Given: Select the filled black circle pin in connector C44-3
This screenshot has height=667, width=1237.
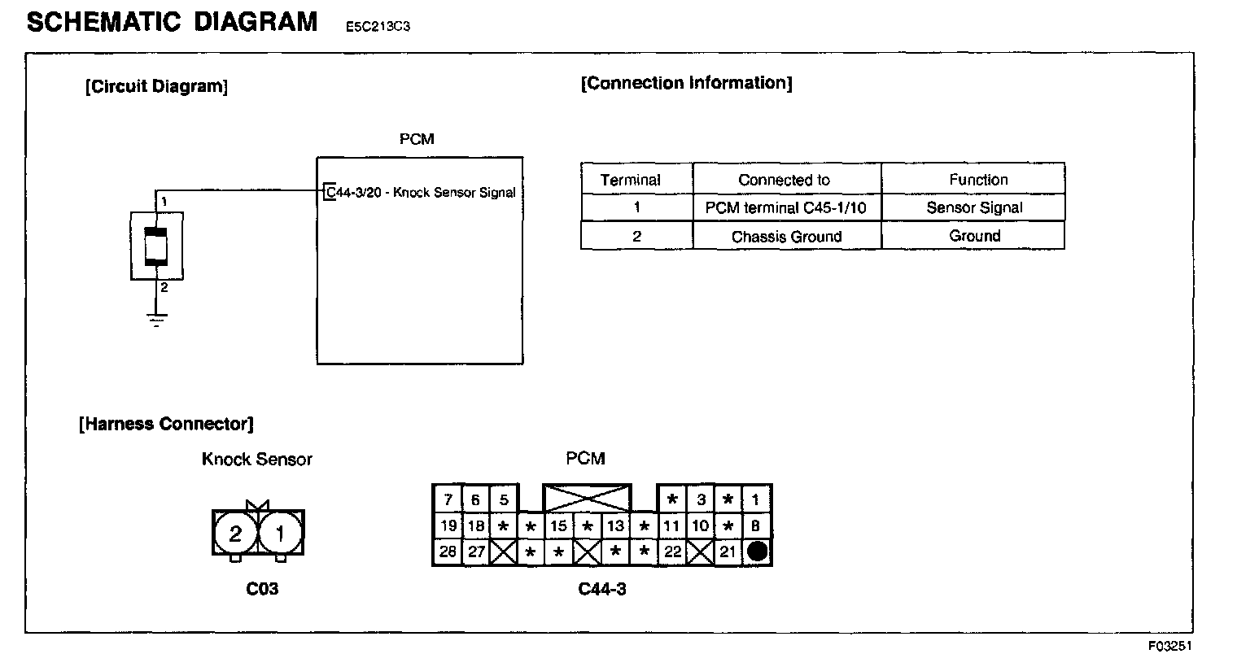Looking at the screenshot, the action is tap(757, 552).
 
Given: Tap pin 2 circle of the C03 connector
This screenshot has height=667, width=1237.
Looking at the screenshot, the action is tap(235, 534).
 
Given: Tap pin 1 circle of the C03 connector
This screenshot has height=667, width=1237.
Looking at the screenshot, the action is tap(281, 534).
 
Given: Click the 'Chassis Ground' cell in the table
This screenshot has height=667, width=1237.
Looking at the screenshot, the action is tap(786, 237).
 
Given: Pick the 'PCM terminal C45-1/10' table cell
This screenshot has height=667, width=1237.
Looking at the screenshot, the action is tap(786, 207).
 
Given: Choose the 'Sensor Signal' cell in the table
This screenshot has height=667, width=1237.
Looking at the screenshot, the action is tap(974, 207).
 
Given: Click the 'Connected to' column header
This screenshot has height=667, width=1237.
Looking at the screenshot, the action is tap(784, 180).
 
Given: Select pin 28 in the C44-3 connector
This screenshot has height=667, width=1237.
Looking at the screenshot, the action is tap(448, 552).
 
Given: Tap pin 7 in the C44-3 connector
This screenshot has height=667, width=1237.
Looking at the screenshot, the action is tap(448, 499).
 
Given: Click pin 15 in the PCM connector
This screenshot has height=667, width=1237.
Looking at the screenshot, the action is tap(558, 526).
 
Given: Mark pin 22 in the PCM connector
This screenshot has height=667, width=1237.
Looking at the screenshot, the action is tap(672, 552).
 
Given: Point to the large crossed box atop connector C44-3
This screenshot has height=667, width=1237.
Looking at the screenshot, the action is tap(587, 498).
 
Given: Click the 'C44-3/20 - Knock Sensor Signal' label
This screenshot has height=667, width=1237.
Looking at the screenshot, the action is tap(421, 193).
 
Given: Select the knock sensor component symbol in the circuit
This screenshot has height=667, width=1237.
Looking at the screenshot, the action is tap(156, 246).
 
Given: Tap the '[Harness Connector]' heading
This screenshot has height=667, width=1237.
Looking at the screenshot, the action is tap(166, 424).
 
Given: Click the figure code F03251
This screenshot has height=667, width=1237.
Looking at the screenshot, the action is tap(1169, 646).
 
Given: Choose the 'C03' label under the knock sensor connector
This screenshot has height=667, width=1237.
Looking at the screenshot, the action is tap(262, 588).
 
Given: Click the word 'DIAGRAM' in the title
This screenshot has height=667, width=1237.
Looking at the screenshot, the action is tap(256, 22).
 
